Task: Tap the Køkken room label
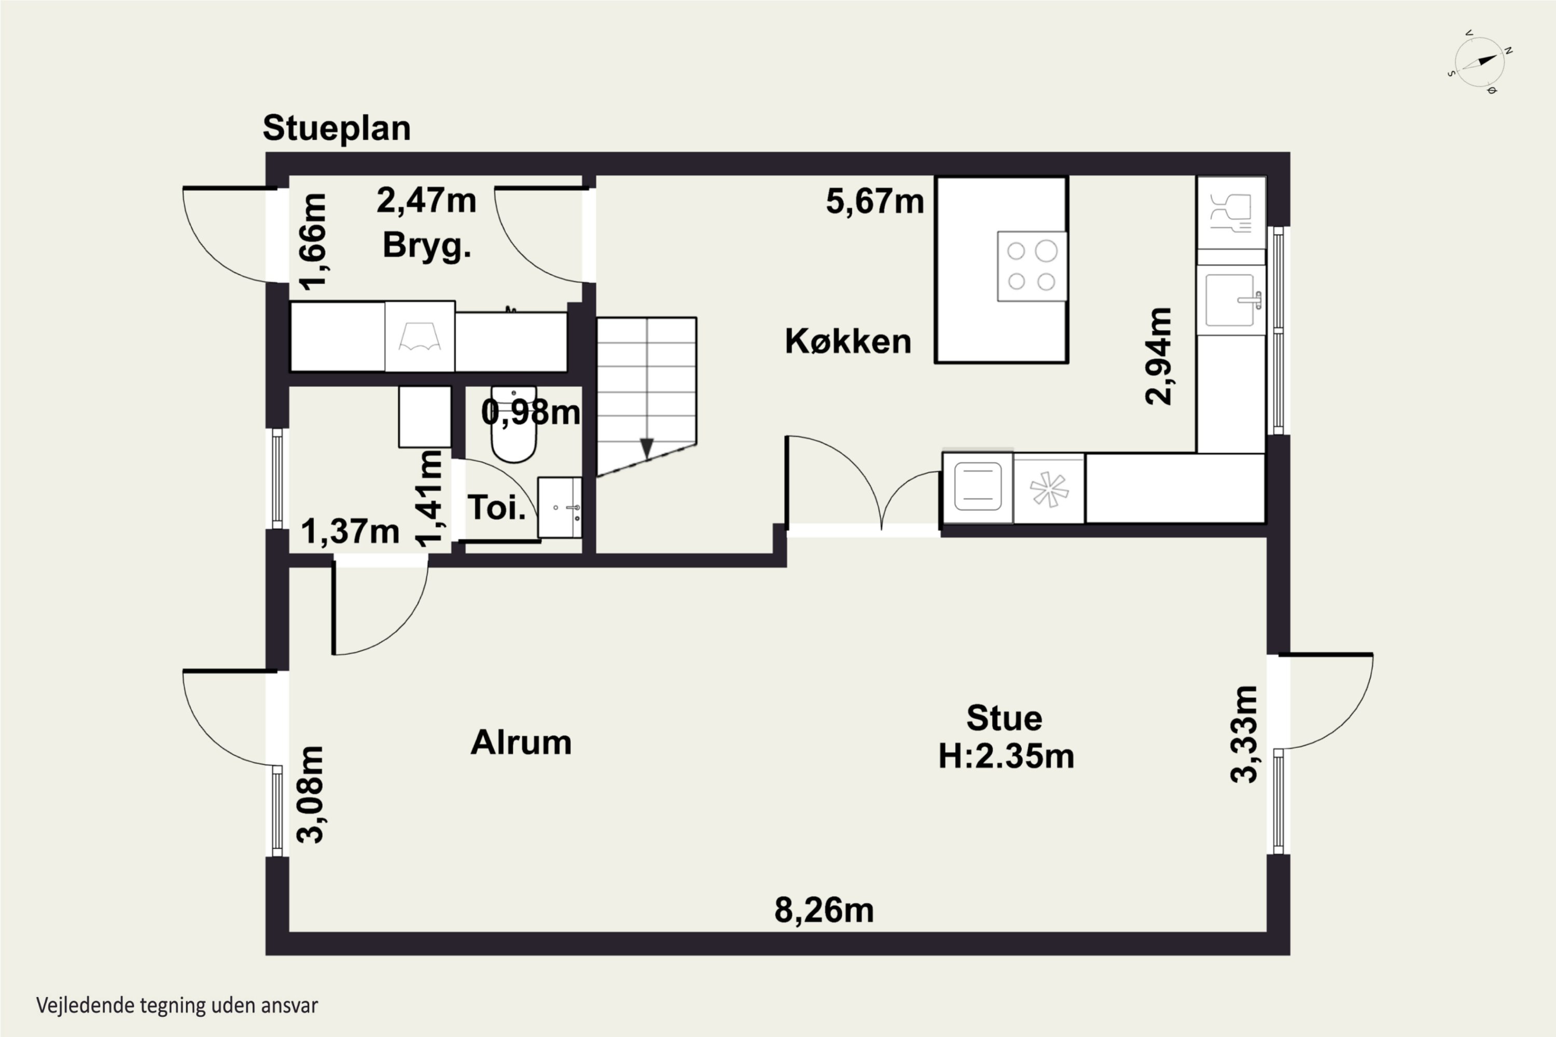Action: tap(848, 341)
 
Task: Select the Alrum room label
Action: tap(521, 742)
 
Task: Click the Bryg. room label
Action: tap(427, 246)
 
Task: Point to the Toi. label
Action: tap(497, 507)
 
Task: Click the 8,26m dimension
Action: tap(824, 910)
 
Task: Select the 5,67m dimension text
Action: tap(874, 201)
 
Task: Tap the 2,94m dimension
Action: tap(1159, 356)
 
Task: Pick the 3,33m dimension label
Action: tap(1244, 734)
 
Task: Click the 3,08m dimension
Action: tap(310, 794)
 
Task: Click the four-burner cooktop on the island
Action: tap(1032, 267)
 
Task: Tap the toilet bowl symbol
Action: tap(513, 424)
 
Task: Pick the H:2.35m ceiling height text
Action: tap(1006, 756)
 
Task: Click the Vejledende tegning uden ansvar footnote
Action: tap(177, 1006)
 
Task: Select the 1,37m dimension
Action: tap(351, 532)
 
